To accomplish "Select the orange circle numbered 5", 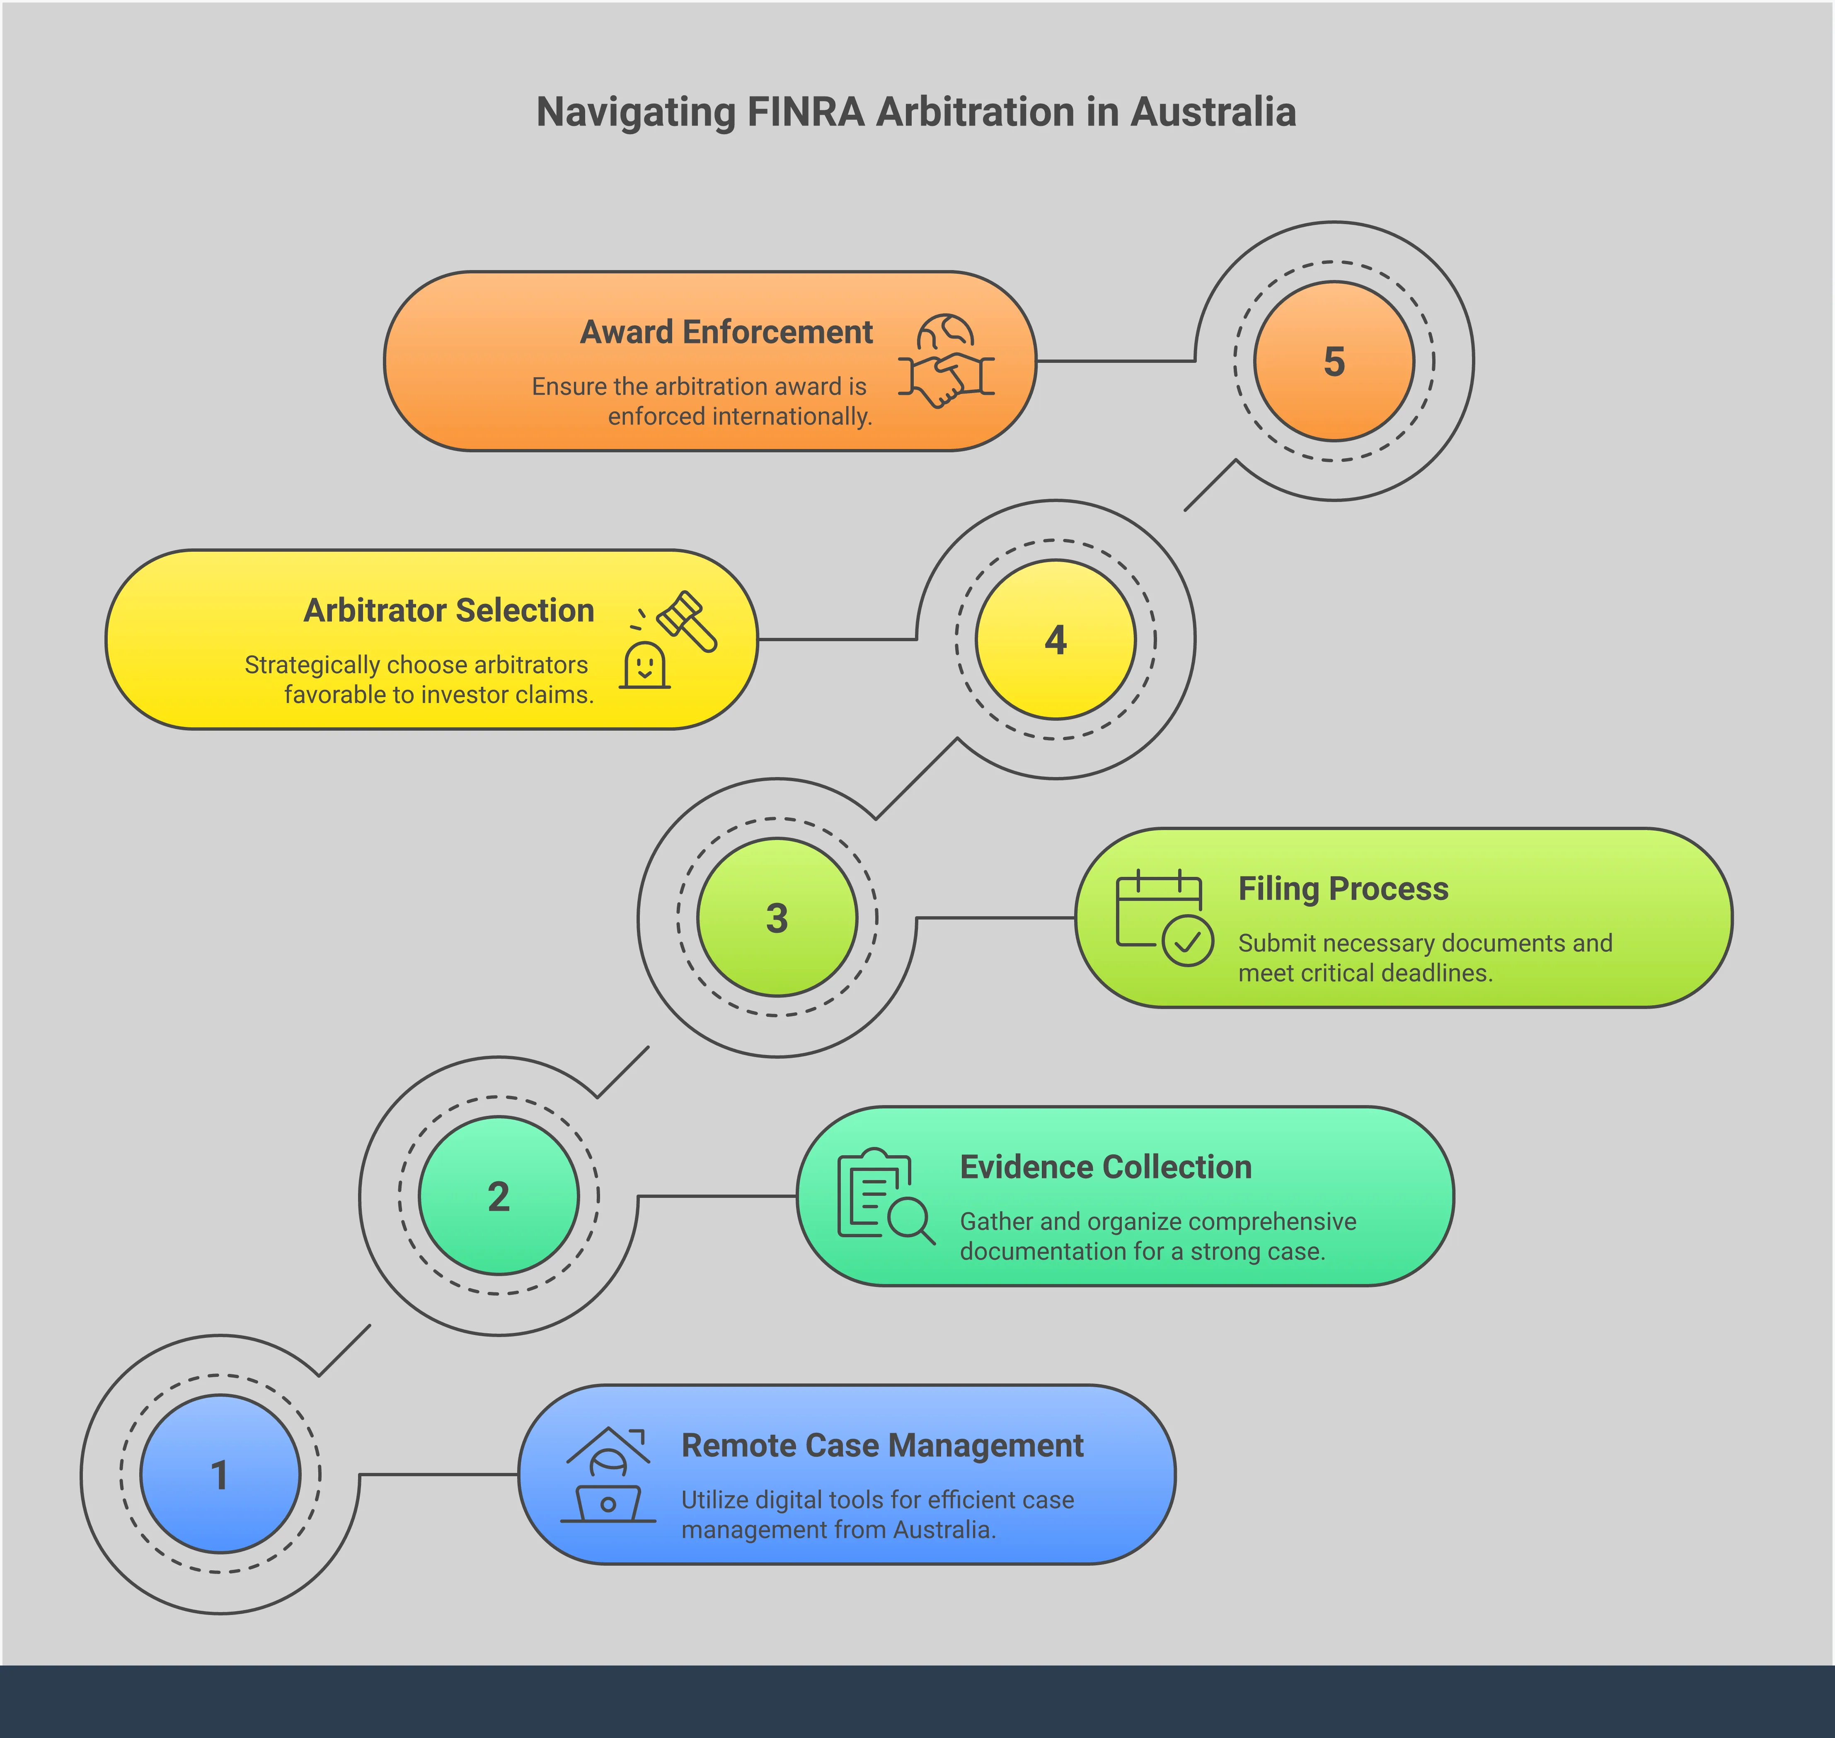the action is click(1334, 361).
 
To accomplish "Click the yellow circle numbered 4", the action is click(1055, 639).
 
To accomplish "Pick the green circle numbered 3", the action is click(777, 917).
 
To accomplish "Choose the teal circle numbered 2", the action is click(499, 1196).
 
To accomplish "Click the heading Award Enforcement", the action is click(726, 332).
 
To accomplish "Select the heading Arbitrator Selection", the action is click(450, 611).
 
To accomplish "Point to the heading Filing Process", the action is click(1343, 888).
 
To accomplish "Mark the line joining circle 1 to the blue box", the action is click(438, 1474).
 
